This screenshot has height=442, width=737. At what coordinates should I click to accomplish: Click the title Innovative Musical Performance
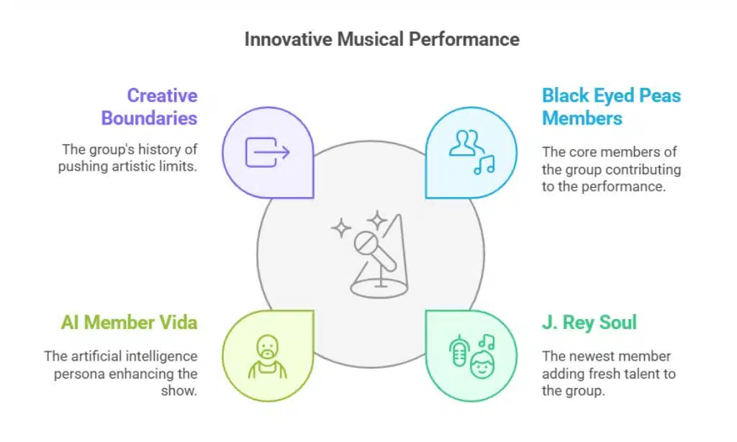pyautogui.click(x=381, y=40)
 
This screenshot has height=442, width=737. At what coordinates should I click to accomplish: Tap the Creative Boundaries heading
pyautogui.click(x=150, y=107)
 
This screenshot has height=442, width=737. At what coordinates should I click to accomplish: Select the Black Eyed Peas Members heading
pyautogui.click(x=611, y=107)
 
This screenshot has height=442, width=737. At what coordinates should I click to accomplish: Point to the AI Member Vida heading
pyautogui.click(x=130, y=323)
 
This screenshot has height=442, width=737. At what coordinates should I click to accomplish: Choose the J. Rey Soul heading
pyautogui.click(x=589, y=323)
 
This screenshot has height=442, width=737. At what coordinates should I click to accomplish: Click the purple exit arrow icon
pyautogui.click(x=268, y=152)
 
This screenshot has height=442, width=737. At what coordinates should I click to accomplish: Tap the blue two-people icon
pyautogui.click(x=466, y=143)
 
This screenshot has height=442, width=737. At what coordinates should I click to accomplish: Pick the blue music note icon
pyautogui.click(x=484, y=165)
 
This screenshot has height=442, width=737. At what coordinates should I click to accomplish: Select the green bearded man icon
pyautogui.click(x=268, y=356)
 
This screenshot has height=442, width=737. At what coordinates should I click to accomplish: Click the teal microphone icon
pyautogui.click(x=459, y=351)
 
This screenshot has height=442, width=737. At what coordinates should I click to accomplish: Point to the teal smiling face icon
pyautogui.click(x=482, y=364)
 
